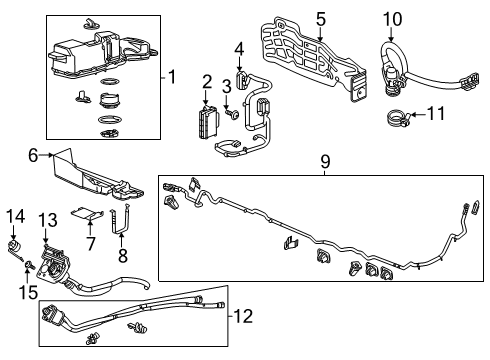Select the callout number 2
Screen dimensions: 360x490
(x=207, y=82)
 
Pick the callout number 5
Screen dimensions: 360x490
(x=320, y=17)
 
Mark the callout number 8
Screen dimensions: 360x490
(x=122, y=255)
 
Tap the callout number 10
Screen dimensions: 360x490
(x=391, y=17)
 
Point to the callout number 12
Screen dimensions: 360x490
(x=243, y=317)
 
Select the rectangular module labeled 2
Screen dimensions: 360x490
(x=208, y=119)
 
